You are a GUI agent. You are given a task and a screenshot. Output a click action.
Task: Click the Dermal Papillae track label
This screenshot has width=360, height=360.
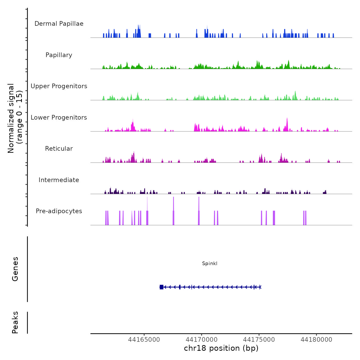point(59,24)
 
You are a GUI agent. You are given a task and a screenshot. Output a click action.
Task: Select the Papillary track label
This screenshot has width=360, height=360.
point(59,55)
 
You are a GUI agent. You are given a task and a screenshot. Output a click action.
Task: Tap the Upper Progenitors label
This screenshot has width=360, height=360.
point(59,86)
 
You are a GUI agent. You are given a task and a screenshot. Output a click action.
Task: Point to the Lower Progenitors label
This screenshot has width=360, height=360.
point(59,118)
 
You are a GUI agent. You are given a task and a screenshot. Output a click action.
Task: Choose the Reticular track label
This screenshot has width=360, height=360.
point(59,149)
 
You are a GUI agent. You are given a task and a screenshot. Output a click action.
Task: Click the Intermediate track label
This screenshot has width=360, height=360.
point(59,180)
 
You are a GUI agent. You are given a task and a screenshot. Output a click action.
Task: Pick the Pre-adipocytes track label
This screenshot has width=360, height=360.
point(59,211)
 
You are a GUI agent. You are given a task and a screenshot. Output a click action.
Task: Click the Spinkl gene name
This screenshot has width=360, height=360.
point(210,264)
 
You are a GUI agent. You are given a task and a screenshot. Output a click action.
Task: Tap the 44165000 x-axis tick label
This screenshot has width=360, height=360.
point(144,340)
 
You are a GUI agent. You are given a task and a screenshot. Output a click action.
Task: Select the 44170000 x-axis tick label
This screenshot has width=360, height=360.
point(202,340)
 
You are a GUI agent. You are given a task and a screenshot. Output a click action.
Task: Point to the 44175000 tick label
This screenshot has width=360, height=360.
point(259,340)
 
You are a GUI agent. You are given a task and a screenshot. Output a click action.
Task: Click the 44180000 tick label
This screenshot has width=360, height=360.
point(316,340)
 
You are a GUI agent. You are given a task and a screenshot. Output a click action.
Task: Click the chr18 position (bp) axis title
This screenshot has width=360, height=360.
point(221,348)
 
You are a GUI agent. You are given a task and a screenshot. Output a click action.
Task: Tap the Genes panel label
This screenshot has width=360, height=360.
point(15,269)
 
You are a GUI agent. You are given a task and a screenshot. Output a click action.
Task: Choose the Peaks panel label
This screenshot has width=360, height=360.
point(15,322)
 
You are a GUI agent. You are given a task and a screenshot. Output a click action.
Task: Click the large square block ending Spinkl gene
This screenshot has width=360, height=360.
point(161,287)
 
